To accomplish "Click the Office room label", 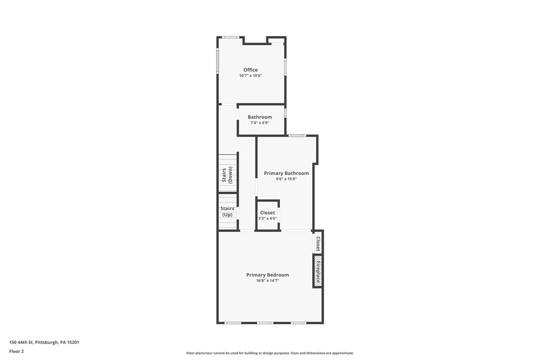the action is tap(251, 70).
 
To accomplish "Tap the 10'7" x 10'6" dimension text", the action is tap(251, 76).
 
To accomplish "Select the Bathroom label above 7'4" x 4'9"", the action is tap(260, 117).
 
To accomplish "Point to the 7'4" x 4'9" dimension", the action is tap(260, 123).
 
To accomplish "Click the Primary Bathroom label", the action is tap(286, 173).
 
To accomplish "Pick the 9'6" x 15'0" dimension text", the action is tap(286, 179).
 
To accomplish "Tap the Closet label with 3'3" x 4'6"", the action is tap(268, 212).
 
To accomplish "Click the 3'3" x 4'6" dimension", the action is tap(268, 218).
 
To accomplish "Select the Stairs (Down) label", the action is tap(227, 175).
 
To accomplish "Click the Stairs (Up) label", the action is tap(227, 211).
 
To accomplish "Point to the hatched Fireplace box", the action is tap(318, 271).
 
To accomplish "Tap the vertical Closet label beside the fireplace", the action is tap(318, 244).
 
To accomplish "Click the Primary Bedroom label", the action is tap(268, 275).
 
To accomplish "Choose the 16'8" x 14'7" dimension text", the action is tap(268, 281).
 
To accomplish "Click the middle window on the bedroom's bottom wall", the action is tap(265, 323).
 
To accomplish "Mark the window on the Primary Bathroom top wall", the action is tap(297, 136).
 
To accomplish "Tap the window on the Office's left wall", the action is tap(217, 60).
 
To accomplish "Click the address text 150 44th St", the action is tap(21, 343).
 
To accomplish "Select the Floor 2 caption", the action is tap(16, 352).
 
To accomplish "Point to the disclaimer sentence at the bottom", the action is tap(270, 353).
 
